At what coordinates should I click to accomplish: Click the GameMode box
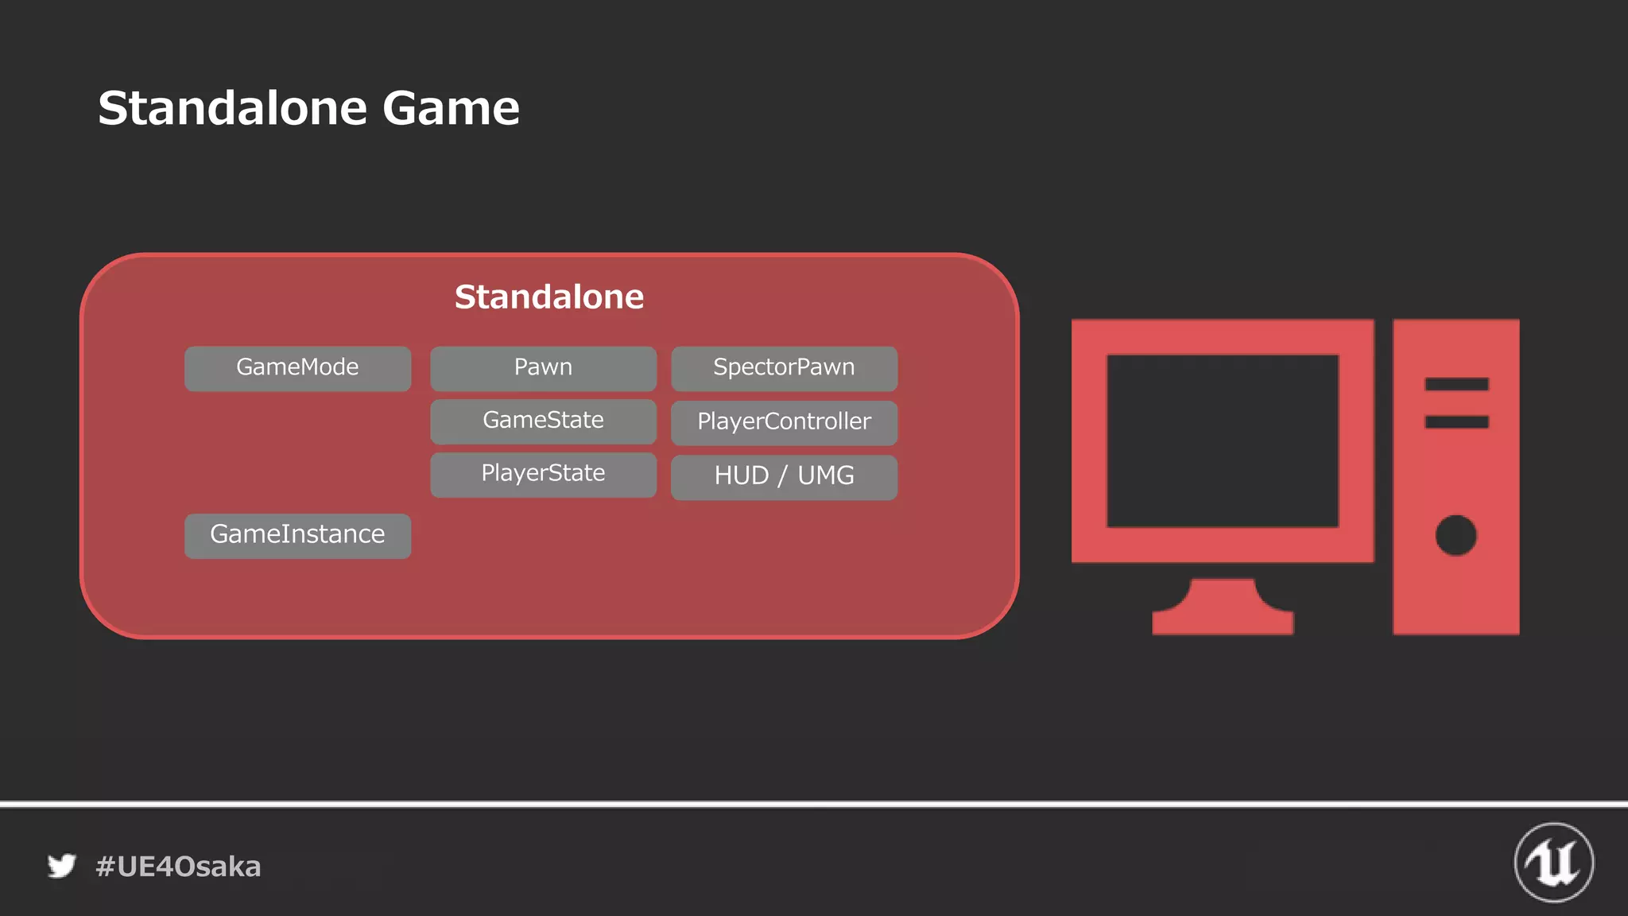[x=297, y=368]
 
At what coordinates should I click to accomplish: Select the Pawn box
[x=543, y=368]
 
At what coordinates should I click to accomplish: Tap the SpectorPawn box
[x=784, y=368]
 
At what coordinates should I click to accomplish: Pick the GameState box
[x=543, y=421]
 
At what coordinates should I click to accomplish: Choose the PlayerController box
[x=784, y=422]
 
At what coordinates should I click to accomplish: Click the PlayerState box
[x=543, y=475]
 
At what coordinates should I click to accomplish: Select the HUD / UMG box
[x=784, y=476]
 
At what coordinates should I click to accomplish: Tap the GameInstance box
[x=297, y=535]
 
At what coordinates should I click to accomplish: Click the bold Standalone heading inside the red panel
[x=548, y=297]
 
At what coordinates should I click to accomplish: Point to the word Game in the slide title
[x=451, y=108]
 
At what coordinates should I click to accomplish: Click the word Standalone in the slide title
[x=232, y=108]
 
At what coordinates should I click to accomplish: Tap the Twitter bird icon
[x=61, y=866]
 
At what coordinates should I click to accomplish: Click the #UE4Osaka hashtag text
[x=178, y=867]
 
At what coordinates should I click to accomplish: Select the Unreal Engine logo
[x=1553, y=863]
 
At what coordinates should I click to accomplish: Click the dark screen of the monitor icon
[x=1222, y=441]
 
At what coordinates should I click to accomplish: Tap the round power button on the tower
[x=1456, y=535]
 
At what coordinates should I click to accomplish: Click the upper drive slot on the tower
[x=1456, y=384]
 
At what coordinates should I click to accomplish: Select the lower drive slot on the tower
[x=1456, y=421]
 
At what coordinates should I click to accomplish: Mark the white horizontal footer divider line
[x=814, y=804]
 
